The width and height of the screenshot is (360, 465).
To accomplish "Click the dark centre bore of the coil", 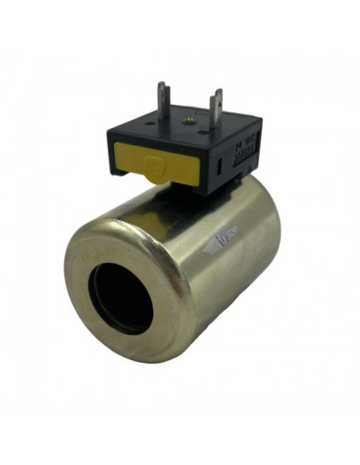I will pyautogui.click(x=120, y=297).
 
